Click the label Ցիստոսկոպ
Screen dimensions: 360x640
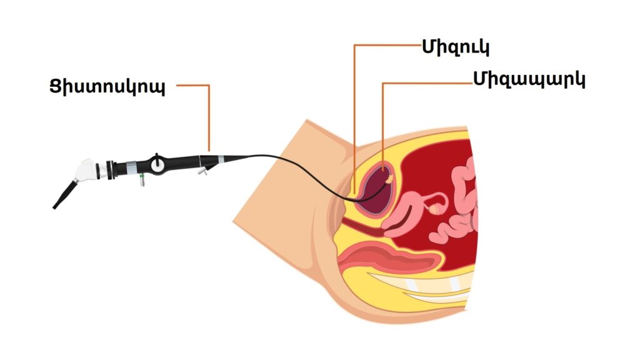click(107, 86)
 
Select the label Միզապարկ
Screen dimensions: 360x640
click(529, 79)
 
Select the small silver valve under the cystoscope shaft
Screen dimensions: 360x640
click(202, 170)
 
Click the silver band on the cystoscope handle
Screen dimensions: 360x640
click(131, 167)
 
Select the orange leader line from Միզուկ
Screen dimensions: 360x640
click(354, 112)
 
